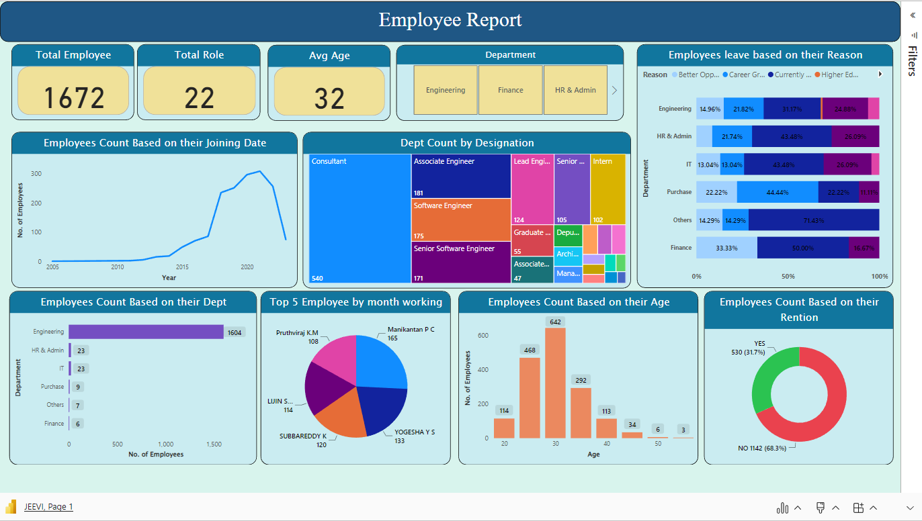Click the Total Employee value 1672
point(73,98)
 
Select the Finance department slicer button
point(510,90)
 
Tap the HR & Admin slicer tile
point(575,90)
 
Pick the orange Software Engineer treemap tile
point(461,220)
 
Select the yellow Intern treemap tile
point(607,189)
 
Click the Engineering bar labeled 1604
point(146,332)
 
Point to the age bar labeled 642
point(555,383)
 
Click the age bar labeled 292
point(581,412)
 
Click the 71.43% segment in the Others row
point(813,220)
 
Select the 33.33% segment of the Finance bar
point(726,248)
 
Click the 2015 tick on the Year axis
point(182,267)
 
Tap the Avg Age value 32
point(329,99)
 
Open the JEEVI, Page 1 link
point(48,507)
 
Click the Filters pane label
point(912,61)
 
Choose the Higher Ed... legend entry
point(839,75)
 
